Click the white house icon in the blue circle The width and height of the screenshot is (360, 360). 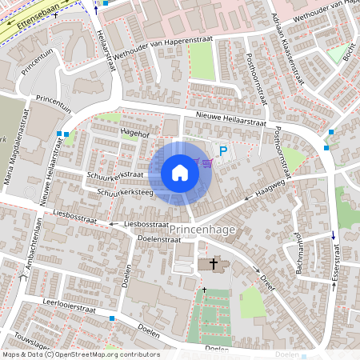180,172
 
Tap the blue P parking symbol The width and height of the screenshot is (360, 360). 224,150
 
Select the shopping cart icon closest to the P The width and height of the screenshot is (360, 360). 208,163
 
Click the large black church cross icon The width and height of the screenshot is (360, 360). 214,263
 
